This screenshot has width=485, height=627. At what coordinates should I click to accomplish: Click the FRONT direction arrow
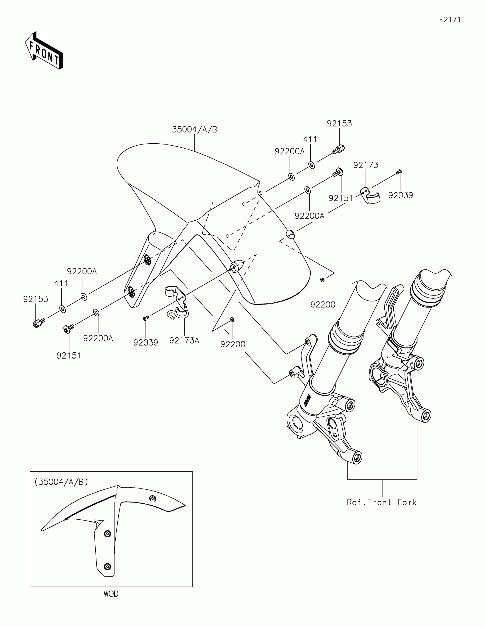point(44,51)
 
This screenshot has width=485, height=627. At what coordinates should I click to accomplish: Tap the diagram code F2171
point(450,20)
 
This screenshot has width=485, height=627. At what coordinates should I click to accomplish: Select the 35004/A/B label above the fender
point(195,130)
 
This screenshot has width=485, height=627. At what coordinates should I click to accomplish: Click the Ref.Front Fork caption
point(381,503)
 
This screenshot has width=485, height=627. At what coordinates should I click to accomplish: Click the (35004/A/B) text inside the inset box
point(61,482)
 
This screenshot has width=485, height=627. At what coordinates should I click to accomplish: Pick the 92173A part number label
point(184,341)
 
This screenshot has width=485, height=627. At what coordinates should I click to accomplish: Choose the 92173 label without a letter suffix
point(366,165)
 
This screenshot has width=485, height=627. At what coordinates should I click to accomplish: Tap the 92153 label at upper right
point(339,123)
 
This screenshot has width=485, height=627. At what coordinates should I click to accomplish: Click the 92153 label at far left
point(36,299)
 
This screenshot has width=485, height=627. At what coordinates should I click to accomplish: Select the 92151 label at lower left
point(68,356)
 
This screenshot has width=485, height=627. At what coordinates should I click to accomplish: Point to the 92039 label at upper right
point(401,195)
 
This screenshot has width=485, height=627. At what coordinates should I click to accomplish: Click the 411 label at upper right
point(310,140)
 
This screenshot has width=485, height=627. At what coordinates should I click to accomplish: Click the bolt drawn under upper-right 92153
point(339,150)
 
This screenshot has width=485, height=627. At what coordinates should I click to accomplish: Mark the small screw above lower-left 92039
point(146,318)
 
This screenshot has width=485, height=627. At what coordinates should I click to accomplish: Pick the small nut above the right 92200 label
point(323,279)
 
